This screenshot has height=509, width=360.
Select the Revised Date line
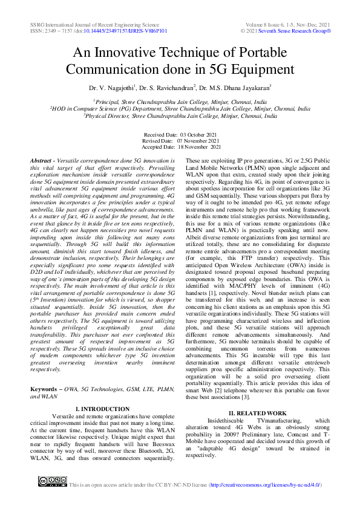[x=180, y=140]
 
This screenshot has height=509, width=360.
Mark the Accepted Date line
[x=180, y=147]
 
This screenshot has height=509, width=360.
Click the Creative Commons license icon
[x=51, y=481]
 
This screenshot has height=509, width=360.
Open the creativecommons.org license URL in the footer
[x=265, y=485]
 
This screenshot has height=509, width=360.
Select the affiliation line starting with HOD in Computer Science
[x=180, y=109]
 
